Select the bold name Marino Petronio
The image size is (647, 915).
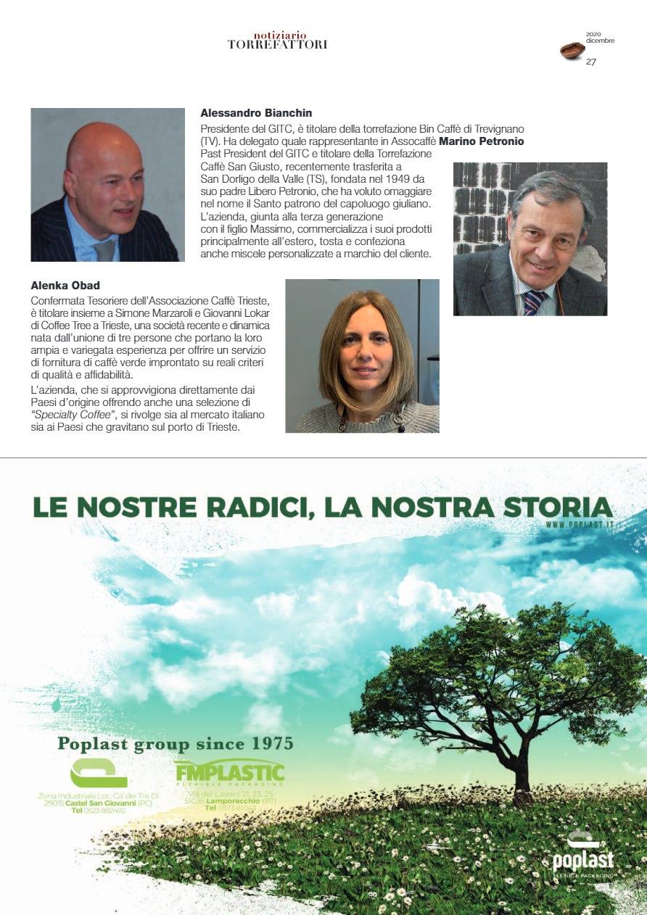482,141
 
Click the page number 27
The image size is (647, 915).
591,62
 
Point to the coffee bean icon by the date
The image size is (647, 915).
572,50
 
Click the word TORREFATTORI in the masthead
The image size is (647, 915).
277,44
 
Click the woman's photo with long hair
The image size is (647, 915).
362,356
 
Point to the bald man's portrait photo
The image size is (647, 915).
107,185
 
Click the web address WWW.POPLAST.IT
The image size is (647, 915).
580,524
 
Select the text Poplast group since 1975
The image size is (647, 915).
175,744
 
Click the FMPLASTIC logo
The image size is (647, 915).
229,773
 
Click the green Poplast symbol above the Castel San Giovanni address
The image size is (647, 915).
98,773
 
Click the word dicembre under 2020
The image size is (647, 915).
600,41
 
